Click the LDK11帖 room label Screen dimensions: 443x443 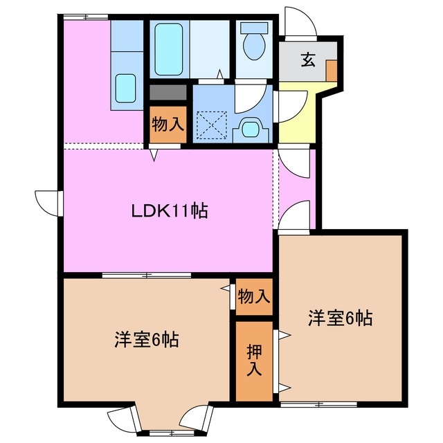170,211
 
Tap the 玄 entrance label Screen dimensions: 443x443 307,60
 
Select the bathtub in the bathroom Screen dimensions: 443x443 167,49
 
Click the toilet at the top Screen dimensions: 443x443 254,44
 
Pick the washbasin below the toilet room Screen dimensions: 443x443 250,129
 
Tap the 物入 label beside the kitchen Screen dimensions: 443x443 167,125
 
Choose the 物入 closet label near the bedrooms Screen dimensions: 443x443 253,296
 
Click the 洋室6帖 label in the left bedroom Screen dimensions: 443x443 147,340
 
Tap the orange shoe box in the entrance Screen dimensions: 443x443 332,71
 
